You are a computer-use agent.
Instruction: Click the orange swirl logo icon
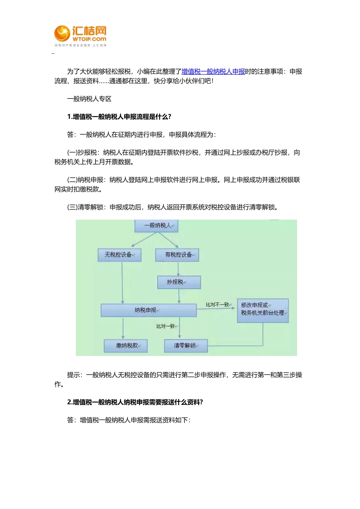(62, 33)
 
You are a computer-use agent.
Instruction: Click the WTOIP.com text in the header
(89, 39)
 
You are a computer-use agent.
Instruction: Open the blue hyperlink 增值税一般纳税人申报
(213, 72)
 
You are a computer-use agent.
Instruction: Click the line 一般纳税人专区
(89, 99)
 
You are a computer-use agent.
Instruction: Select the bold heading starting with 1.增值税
(119, 117)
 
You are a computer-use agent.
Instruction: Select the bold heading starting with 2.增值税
(135, 402)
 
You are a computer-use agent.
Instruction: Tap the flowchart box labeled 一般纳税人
(157, 226)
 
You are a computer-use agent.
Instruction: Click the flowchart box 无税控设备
(119, 255)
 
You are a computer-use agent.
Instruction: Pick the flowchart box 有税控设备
(177, 255)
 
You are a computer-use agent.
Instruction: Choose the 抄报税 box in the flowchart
(178, 282)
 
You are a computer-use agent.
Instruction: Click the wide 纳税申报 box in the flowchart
(148, 310)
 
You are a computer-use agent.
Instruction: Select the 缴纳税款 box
(125, 346)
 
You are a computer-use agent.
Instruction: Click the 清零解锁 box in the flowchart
(186, 346)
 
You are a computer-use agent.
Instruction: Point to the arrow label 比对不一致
(217, 304)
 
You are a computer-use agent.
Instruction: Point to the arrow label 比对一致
(166, 326)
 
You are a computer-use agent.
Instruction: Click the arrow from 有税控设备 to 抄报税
(178, 269)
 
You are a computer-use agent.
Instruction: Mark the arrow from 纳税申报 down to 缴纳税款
(123, 328)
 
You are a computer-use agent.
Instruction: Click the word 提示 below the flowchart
(73, 375)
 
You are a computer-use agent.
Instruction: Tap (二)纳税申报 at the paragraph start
(86, 180)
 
